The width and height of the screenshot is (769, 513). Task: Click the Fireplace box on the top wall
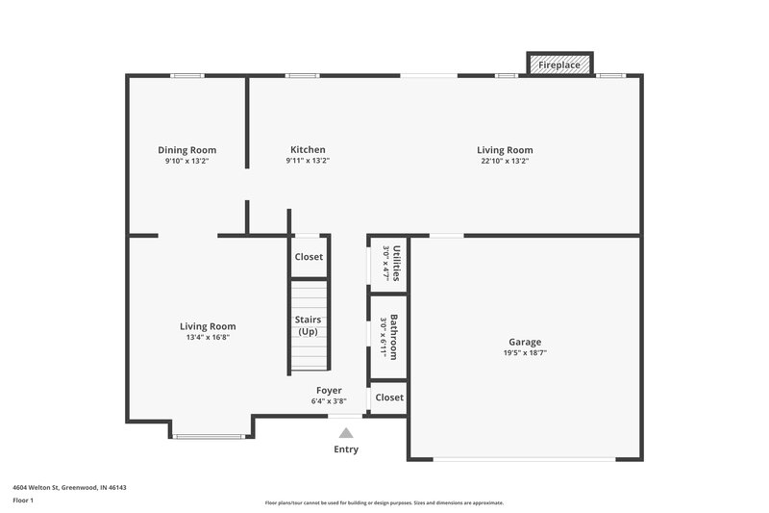click(559, 64)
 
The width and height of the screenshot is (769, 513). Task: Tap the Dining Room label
click(186, 150)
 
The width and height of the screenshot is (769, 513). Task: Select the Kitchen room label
click(308, 150)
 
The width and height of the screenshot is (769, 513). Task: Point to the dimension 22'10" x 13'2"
click(505, 162)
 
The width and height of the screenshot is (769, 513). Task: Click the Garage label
click(525, 342)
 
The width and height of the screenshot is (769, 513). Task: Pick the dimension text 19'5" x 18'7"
click(525, 353)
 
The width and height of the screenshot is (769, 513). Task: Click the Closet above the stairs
click(309, 257)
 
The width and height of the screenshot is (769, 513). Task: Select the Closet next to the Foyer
click(389, 398)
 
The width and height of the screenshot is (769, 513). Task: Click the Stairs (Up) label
click(309, 325)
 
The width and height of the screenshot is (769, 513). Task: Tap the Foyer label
click(329, 390)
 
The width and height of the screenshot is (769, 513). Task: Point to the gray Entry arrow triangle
click(346, 433)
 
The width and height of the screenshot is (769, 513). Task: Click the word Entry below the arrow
click(346, 449)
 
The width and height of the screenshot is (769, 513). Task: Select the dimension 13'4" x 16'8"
click(208, 338)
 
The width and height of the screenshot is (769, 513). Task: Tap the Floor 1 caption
click(23, 501)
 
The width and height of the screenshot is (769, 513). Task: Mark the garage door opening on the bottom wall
click(525, 459)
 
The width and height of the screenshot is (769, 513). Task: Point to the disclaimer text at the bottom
click(384, 502)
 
